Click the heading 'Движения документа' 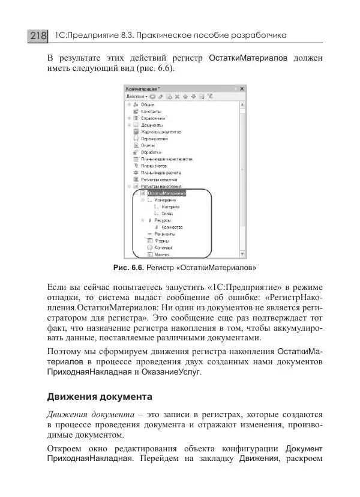(x=99, y=397)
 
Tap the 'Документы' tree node (x=151, y=125)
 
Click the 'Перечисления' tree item (x=154, y=138)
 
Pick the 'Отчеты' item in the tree (x=148, y=145)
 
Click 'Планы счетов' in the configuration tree (x=154, y=165)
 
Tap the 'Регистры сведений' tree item (x=158, y=179)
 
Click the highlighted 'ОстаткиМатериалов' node (x=167, y=193)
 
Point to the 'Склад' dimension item (x=168, y=213)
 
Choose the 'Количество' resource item (x=172, y=227)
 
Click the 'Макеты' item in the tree (x=154, y=255)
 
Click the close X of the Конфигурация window (x=241, y=88)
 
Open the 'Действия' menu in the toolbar (x=136, y=96)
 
